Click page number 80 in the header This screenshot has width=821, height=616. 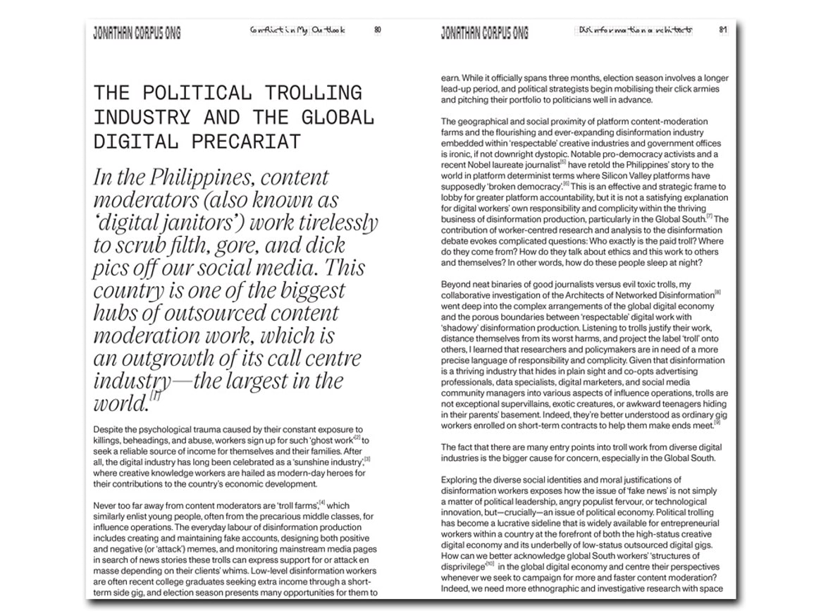(x=378, y=30)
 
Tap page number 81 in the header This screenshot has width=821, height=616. (x=723, y=30)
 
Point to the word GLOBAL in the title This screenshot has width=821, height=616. (x=333, y=117)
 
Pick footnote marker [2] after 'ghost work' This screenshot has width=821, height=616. (x=357, y=438)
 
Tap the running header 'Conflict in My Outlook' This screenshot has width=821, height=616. (x=297, y=30)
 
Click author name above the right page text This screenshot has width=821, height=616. (x=484, y=32)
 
